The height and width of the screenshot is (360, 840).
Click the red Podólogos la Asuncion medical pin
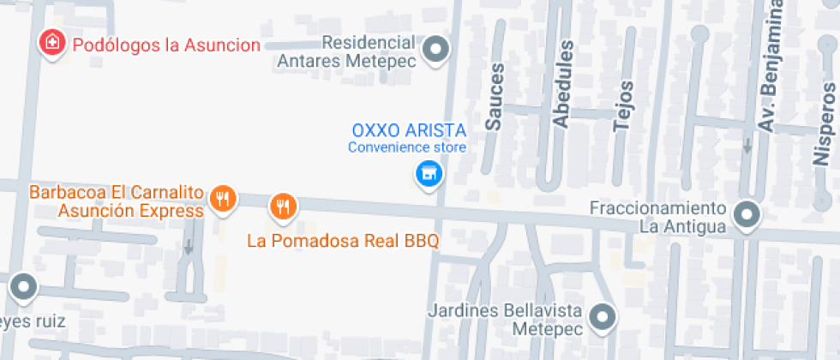pos(52,43)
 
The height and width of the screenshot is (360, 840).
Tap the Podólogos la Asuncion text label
pos(165,45)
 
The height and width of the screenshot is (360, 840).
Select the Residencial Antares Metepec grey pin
pos(438,49)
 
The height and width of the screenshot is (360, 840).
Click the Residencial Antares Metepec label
pos(346,51)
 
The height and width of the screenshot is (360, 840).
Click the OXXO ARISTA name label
pos(409,131)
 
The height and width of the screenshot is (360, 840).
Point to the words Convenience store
pos(406,147)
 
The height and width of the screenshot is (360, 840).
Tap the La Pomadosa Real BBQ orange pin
pos(283,206)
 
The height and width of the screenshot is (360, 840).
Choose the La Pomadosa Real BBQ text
pos(343,241)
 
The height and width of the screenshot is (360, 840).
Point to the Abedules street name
pos(561,84)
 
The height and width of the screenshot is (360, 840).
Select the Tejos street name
pos(623,105)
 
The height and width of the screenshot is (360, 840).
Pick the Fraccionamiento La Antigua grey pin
pos(747,215)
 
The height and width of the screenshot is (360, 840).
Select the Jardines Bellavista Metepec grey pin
pos(604,317)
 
